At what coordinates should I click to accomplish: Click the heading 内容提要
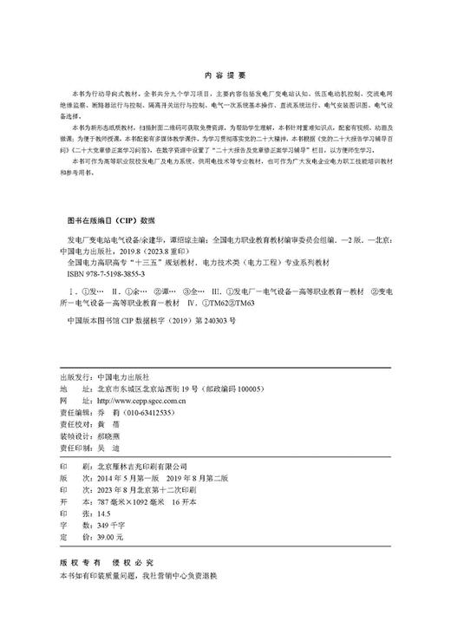click(225, 75)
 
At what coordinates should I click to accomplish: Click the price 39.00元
click(113, 537)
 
